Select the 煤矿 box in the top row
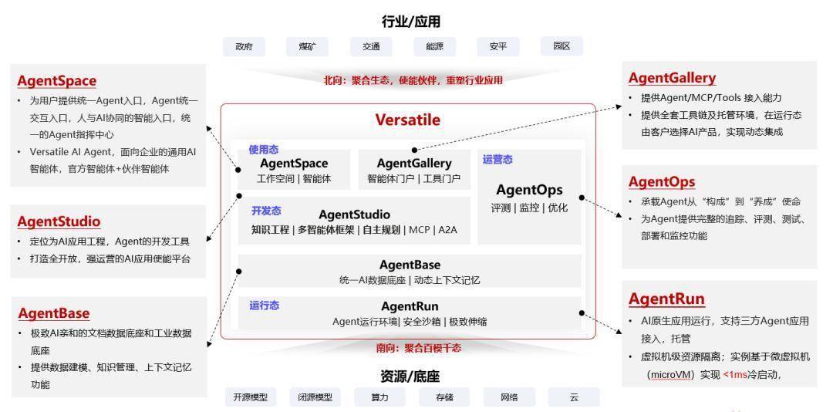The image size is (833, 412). [x=307, y=46]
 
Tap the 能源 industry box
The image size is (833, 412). [x=434, y=46]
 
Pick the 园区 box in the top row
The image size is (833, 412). [x=561, y=46]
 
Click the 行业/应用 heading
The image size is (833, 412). [x=410, y=21]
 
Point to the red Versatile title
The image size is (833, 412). [x=407, y=120]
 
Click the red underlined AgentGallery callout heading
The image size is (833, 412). [x=672, y=78]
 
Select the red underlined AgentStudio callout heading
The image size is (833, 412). [x=59, y=221]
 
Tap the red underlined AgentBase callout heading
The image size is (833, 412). [x=54, y=313]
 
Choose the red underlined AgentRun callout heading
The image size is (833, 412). [x=666, y=299]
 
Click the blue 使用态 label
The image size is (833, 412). [x=263, y=148]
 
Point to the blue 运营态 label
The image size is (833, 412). [x=497, y=160]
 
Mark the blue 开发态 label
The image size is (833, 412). [x=266, y=211]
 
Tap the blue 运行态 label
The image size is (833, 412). [x=264, y=306]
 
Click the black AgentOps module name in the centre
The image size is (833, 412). [x=529, y=190]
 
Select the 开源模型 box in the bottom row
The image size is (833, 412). [x=251, y=397]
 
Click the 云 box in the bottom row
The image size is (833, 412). [x=574, y=397]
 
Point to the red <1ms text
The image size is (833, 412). [x=739, y=375]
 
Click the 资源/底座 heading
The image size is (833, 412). [x=410, y=377]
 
